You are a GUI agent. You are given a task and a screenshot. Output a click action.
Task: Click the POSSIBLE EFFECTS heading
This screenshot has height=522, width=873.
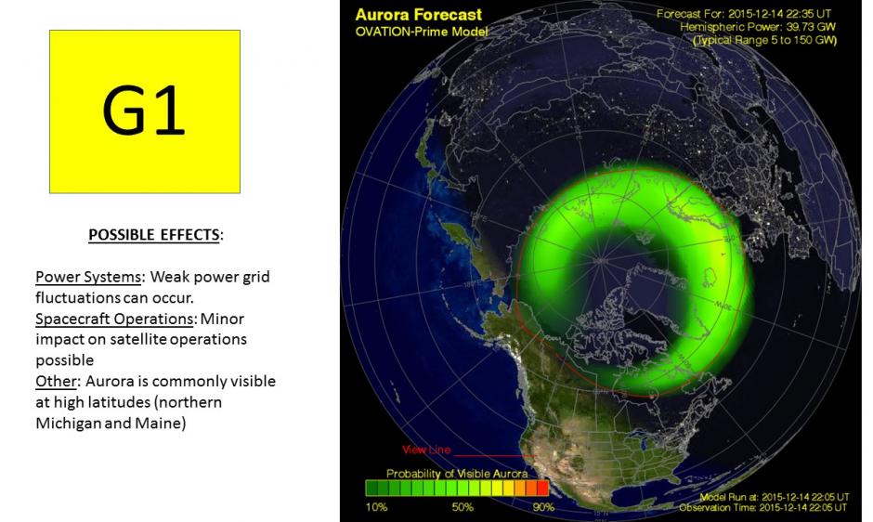point(155,235)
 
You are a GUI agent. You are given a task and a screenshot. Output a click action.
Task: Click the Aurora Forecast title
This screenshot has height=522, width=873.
point(419,15)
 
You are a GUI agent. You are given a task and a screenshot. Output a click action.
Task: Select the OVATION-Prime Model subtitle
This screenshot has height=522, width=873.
point(421,32)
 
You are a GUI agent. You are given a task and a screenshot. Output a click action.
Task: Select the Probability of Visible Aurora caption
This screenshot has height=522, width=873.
point(457,474)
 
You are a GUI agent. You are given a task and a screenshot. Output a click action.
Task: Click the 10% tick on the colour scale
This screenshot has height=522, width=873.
point(378,507)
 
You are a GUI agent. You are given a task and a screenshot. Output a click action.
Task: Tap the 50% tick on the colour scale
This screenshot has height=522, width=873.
point(462,507)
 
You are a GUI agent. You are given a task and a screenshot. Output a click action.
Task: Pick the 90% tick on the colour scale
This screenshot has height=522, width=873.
point(543,507)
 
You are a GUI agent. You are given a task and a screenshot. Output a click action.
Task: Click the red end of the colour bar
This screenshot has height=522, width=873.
point(542,488)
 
